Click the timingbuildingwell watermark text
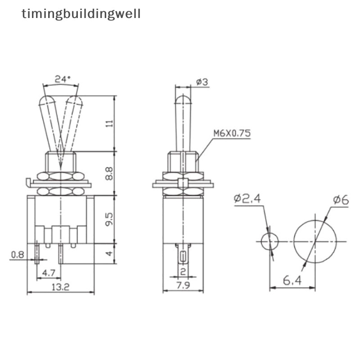point(81,14)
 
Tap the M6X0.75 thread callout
point(231,133)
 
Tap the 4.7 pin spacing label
point(48,272)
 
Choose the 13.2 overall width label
point(60,287)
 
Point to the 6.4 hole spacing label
point(292,282)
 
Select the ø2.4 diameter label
point(247,198)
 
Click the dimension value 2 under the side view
point(183,271)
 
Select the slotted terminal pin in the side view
point(183,256)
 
